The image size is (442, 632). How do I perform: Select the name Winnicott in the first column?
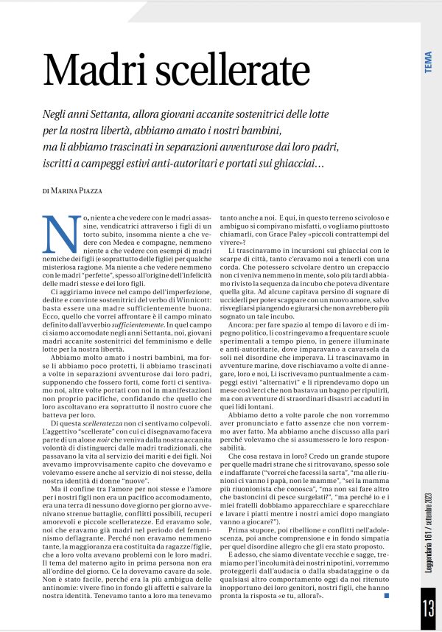(194, 300)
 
